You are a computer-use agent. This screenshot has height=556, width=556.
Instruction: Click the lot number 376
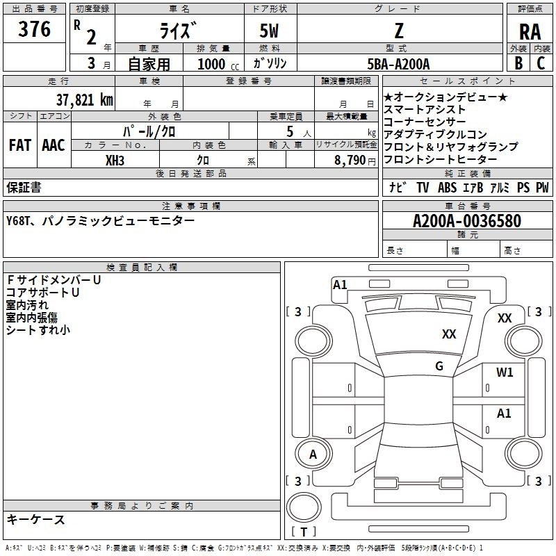pyautogui.click(x=34, y=29)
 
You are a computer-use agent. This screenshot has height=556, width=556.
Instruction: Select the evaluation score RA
pyautogui.click(x=530, y=32)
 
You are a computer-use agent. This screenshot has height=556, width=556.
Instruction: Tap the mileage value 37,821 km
pyautogui.click(x=84, y=100)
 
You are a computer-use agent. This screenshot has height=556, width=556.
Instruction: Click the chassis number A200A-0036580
pyautogui.click(x=467, y=221)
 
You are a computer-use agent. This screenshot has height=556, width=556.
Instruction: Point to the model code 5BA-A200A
pyautogui.click(x=398, y=64)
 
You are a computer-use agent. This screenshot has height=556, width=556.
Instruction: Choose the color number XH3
pyautogui.click(x=115, y=161)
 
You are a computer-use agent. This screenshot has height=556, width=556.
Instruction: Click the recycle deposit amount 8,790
pyautogui.click(x=350, y=161)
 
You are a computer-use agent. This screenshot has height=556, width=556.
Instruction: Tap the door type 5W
pyautogui.click(x=269, y=31)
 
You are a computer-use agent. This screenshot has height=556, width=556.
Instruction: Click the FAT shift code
pyautogui.click(x=20, y=145)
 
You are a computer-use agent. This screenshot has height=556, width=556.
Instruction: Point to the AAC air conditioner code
pyautogui.click(x=54, y=145)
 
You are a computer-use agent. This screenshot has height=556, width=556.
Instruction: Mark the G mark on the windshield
pyautogui.click(x=439, y=366)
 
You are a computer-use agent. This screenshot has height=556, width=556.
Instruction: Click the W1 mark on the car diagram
pyautogui.click(x=505, y=372)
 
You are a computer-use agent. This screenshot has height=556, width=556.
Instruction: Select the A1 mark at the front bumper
pyautogui.click(x=340, y=285)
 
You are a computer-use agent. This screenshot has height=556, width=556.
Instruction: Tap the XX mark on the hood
pyautogui.click(x=449, y=334)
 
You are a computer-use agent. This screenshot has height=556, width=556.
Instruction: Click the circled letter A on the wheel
pyautogui.click(x=313, y=455)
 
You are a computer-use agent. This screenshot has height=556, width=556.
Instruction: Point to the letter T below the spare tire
pyautogui.click(x=304, y=532)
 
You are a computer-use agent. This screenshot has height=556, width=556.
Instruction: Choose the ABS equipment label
pyautogui.click(x=447, y=188)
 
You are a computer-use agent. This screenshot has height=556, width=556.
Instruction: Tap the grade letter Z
pyautogui.click(x=399, y=31)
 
